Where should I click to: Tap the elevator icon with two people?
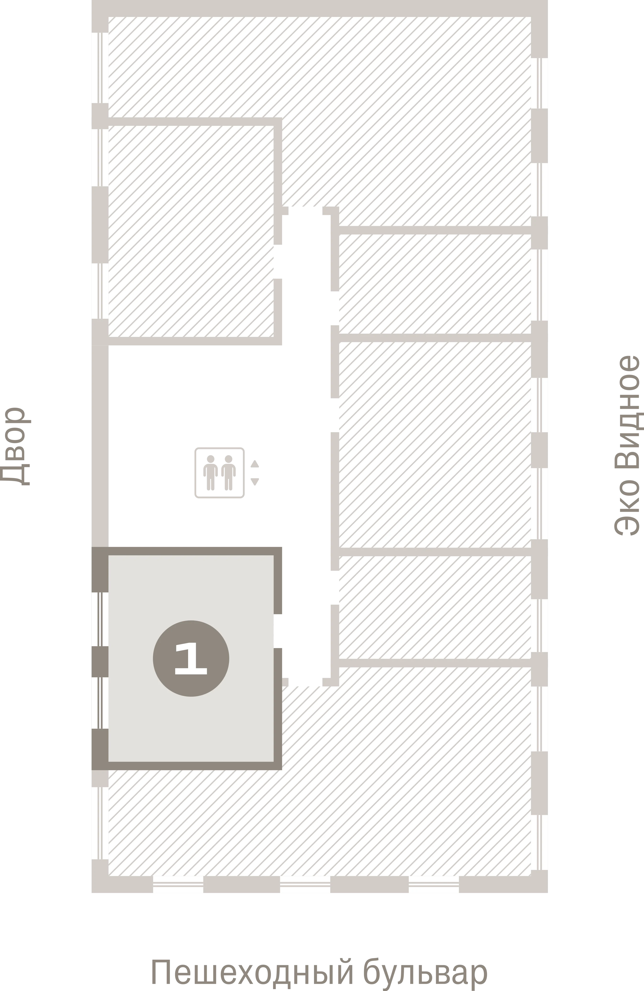click(219, 473)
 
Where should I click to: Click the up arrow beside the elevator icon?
click(255, 464)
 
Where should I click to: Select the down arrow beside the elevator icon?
click(255, 482)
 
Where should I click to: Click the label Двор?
click(15, 446)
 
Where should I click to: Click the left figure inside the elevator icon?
click(210, 472)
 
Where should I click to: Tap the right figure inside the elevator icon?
click(228, 472)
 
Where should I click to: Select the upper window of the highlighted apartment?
click(100, 619)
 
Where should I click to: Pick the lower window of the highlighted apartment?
click(100, 703)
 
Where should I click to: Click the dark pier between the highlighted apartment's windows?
click(100, 662)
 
